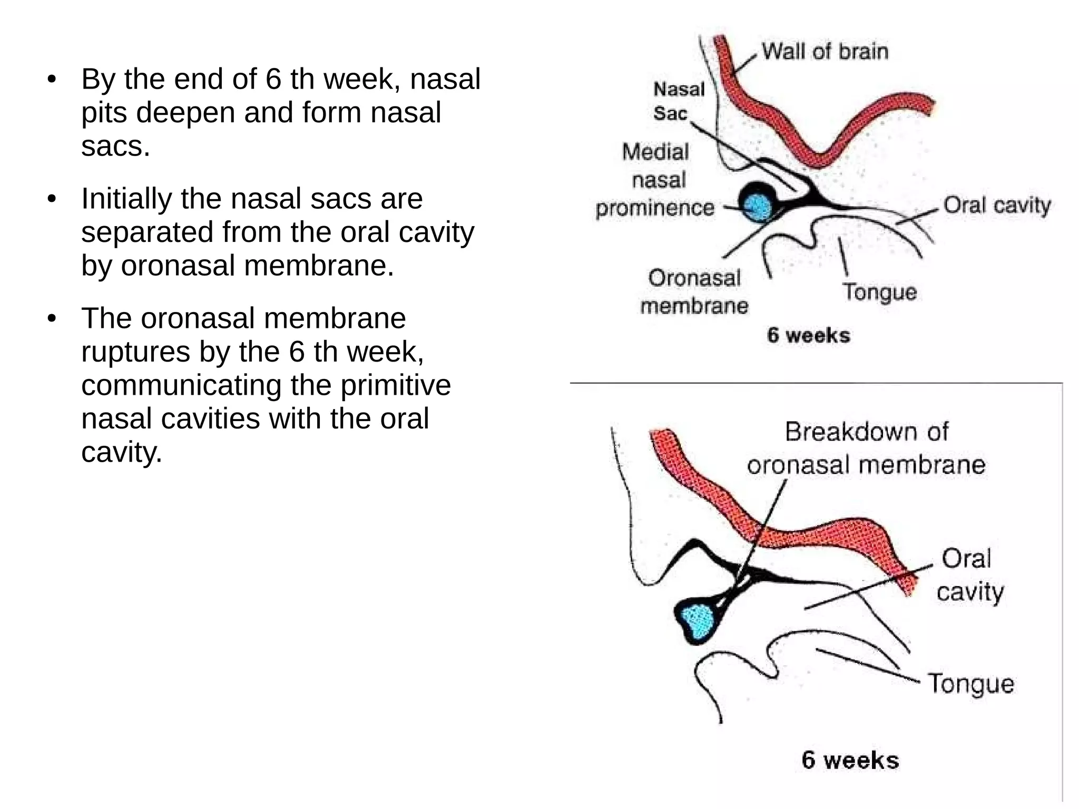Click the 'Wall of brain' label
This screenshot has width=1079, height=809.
[x=825, y=52]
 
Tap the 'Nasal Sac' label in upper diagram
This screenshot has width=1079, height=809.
[x=678, y=101]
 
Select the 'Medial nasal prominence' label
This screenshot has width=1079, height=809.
[x=655, y=180]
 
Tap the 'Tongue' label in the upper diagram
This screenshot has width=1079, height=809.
[x=879, y=292]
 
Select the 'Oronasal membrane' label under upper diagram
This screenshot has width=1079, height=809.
[x=694, y=291]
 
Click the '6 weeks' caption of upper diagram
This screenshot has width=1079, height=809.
[x=808, y=335]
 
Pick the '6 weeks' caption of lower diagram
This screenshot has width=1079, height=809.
[x=850, y=760]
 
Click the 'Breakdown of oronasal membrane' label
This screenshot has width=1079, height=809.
[x=866, y=449]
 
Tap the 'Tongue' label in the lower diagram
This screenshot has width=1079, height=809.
[x=970, y=684]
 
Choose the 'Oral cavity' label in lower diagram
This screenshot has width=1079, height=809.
[x=969, y=575]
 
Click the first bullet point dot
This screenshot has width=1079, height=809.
[x=51, y=80]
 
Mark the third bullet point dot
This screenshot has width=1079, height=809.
[x=51, y=319]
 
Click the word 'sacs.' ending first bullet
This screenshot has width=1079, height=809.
[x=115, y=146]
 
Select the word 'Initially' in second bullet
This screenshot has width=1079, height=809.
[x=126, y=199]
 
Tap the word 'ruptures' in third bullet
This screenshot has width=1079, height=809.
[x=135, y=352]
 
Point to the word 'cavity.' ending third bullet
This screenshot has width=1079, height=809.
[x=122, y=452]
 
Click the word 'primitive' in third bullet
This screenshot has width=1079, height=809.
[x=395, y=385]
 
